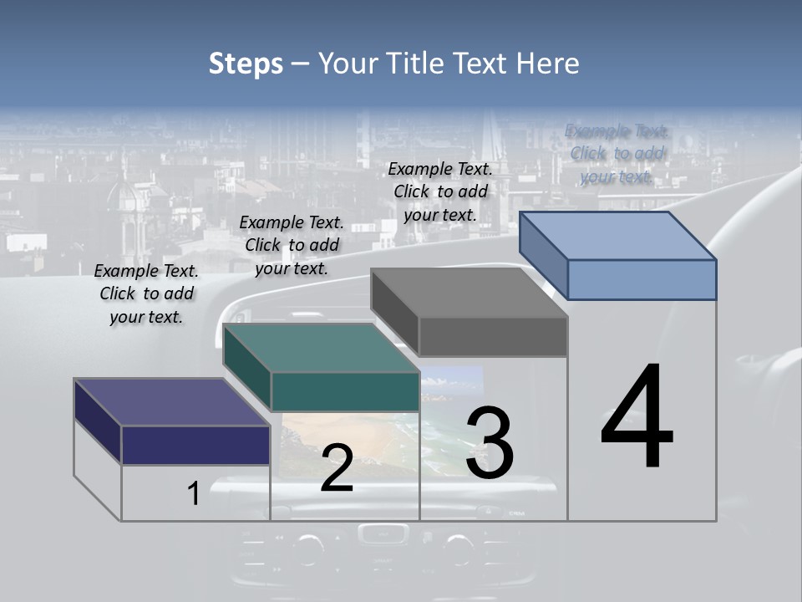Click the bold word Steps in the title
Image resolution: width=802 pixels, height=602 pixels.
tap(246, 64)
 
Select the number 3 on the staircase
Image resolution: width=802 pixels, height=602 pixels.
tap(490, 443)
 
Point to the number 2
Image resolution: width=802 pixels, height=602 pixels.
tap(337, 468)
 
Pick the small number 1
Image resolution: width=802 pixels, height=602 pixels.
tap(193, 493)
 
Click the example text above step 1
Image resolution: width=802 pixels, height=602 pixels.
tap(146, 293)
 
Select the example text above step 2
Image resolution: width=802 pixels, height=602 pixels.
tap(292, 245)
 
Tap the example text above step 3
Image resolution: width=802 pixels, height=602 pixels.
tap(440, 191)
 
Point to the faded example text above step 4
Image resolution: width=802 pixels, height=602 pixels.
tap(617, 154)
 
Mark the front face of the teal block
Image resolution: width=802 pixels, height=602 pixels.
tap(345, 392)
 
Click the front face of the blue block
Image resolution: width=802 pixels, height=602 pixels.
tap(642, 279)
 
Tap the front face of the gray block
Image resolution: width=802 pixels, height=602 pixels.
tap(493, 337)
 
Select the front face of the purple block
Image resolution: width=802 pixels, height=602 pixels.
tap(195, 445)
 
